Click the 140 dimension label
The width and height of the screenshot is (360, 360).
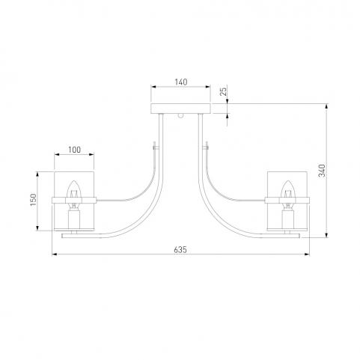click(181, 82)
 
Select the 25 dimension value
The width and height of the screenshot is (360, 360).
click(224, 91)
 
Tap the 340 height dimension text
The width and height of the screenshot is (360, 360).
click(322, 171)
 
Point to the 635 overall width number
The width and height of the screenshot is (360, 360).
click(180, 250)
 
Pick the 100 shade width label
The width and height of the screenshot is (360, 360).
click(75, 150)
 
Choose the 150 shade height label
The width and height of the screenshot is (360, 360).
click(33, 200)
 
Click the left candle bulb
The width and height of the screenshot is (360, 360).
click(74, 189)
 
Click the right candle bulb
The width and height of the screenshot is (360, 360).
click(287, 189)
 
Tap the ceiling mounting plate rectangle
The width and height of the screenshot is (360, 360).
click(181, 109)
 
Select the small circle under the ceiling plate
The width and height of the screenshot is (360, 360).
click(180, 116)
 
